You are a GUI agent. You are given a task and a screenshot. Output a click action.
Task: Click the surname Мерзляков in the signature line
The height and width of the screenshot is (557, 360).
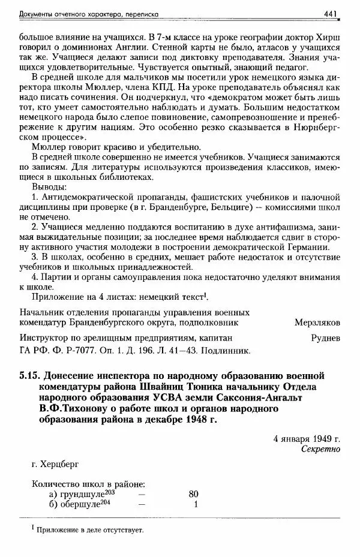(317, 322)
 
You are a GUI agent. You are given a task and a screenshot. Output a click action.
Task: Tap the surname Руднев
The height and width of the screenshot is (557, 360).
(326, 338)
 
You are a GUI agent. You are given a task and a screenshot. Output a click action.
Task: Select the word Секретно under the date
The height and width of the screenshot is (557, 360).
(320, 448)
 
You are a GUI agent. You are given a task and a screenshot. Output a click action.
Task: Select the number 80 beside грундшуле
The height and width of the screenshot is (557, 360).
(193, 494)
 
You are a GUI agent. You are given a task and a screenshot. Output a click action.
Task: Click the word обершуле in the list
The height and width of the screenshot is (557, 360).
(82, 504)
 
